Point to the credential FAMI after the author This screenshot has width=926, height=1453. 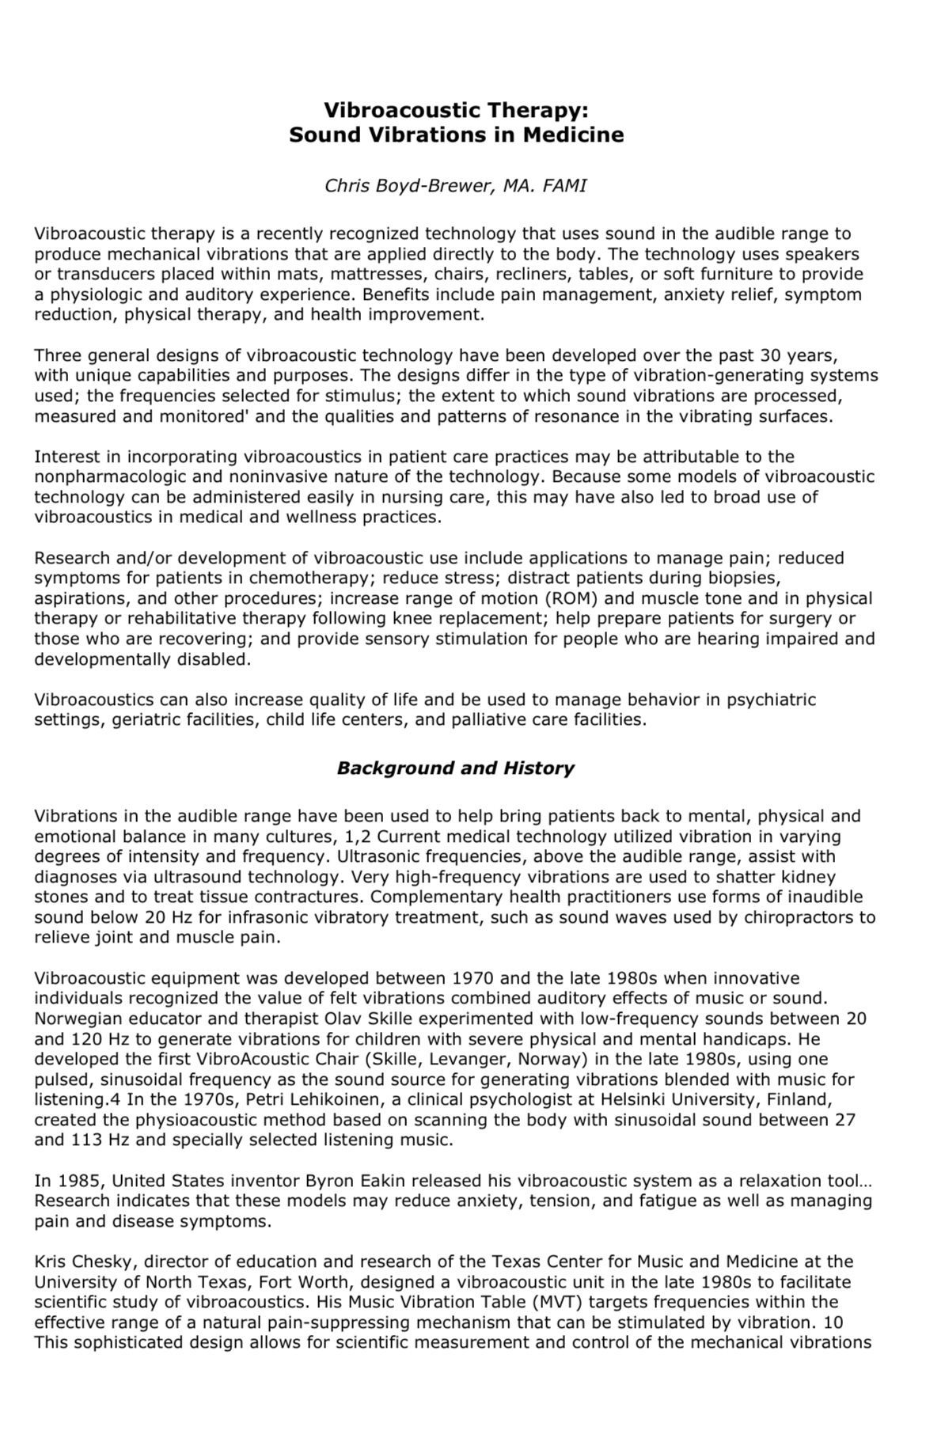coord(565,186)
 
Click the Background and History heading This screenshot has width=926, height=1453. coord(455,768)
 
